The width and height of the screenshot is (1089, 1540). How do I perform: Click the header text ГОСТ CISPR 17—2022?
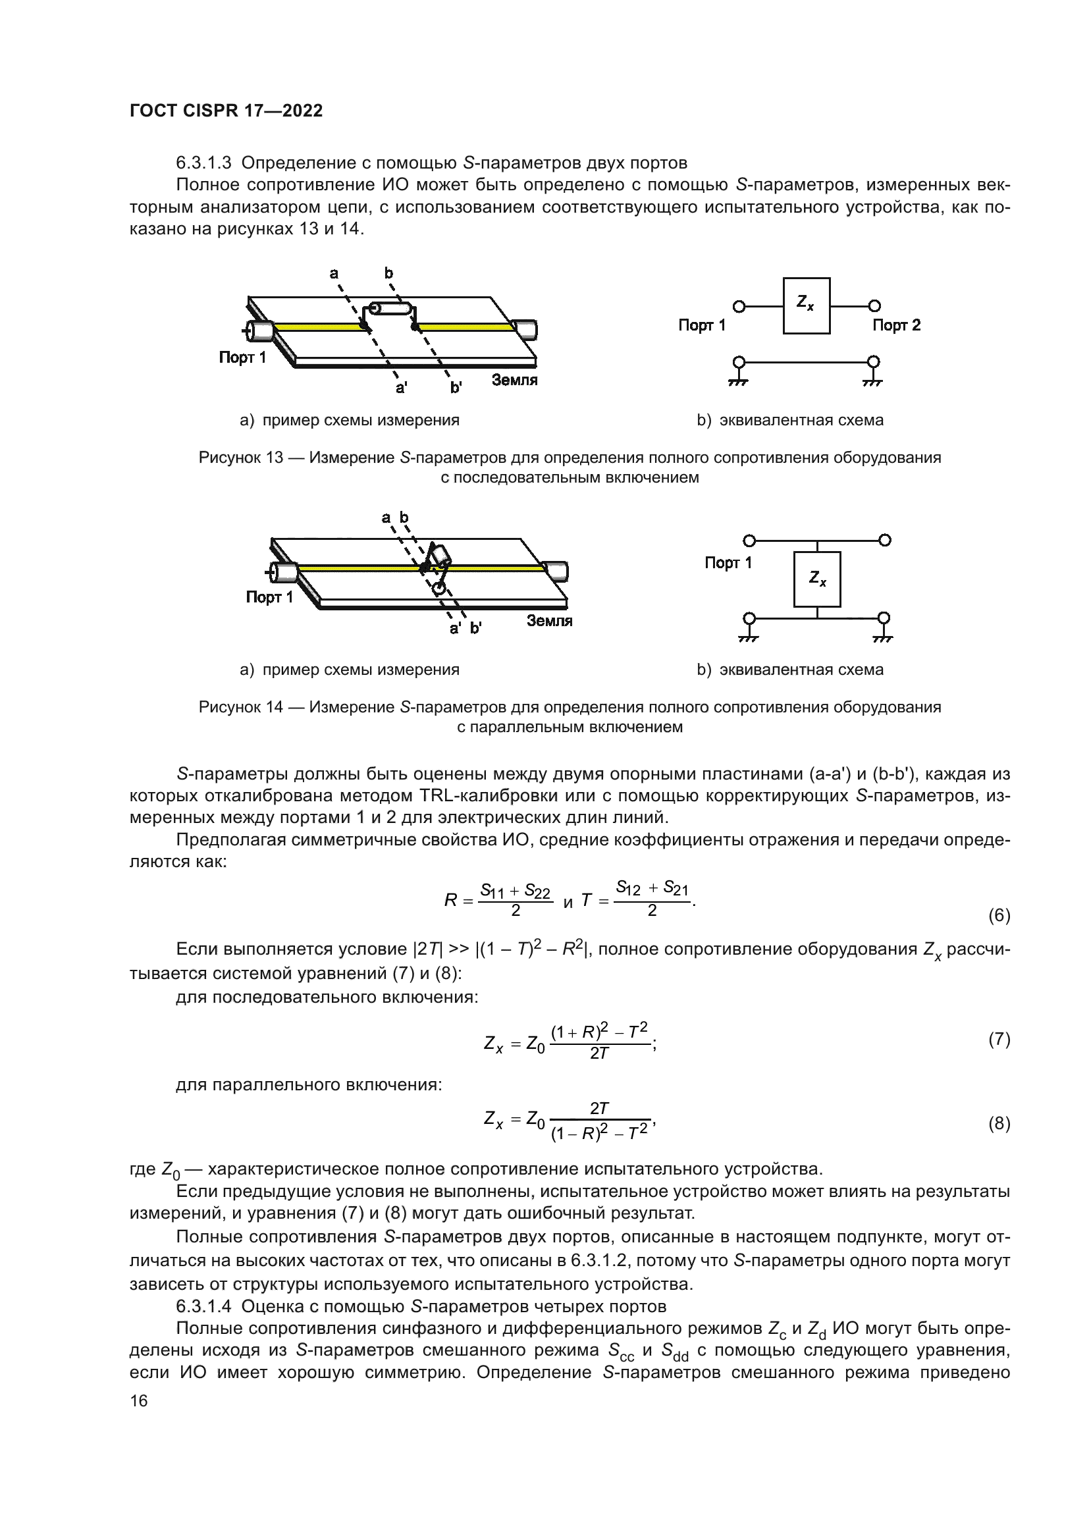point(226,111)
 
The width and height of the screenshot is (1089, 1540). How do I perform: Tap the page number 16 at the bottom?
point(139,1400)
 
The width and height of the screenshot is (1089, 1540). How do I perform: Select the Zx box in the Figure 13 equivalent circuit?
point(806,306)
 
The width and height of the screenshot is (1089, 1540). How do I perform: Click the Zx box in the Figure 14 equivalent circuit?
point(816,579)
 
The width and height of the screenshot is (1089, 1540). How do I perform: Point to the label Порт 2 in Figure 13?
point(896,325)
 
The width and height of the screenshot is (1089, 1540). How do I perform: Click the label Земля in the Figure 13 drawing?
point(514,381)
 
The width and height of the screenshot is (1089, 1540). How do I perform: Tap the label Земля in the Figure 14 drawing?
point(549,621)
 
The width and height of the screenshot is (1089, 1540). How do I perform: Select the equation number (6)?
point(999,916)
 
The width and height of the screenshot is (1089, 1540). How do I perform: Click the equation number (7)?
point(999,1040)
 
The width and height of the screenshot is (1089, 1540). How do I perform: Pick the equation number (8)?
point(999,1123)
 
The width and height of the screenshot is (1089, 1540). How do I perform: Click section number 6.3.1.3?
point(203,163)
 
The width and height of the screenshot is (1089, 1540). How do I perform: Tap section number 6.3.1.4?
point(203,1306)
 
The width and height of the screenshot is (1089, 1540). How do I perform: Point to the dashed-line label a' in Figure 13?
point(401,388)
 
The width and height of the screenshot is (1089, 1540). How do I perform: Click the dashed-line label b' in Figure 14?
point(475,629)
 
